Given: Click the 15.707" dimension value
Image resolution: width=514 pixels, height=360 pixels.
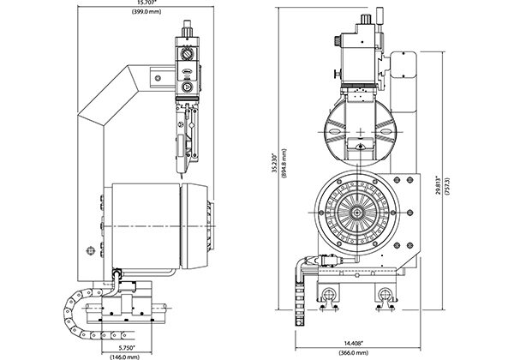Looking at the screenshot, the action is tap(146, 3).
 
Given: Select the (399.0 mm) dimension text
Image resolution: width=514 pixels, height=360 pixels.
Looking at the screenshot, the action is tap(146, 12).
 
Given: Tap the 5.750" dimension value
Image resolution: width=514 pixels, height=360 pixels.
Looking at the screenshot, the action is tap(127, 347).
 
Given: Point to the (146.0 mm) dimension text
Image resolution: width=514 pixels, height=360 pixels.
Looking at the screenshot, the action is tap(124, 357).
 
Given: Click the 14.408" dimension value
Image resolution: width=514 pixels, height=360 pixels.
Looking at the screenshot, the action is tap(353, 344).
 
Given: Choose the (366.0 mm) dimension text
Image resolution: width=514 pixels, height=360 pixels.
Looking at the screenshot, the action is tap(353, 353).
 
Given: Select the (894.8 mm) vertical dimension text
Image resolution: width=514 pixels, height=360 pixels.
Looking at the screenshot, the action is tap(284, 163).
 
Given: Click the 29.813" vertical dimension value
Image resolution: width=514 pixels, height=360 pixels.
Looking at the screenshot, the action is tap(439, 187).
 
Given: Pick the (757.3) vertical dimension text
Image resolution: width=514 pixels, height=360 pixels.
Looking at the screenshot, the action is tap(448, 187).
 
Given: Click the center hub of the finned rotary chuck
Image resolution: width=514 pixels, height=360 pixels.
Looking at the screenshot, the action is tap(356, 213).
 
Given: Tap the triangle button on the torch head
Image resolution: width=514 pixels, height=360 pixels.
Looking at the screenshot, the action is tap(187, 87).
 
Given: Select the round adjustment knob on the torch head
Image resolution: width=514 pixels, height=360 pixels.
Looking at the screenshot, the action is tap(187, 54).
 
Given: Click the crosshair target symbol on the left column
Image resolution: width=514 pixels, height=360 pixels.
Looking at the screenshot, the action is tap(90, 251).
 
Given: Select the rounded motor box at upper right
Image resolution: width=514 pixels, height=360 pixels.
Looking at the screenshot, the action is tap(404, 64).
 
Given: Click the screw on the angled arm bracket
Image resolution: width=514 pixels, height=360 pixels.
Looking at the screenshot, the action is tap(158, 78).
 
